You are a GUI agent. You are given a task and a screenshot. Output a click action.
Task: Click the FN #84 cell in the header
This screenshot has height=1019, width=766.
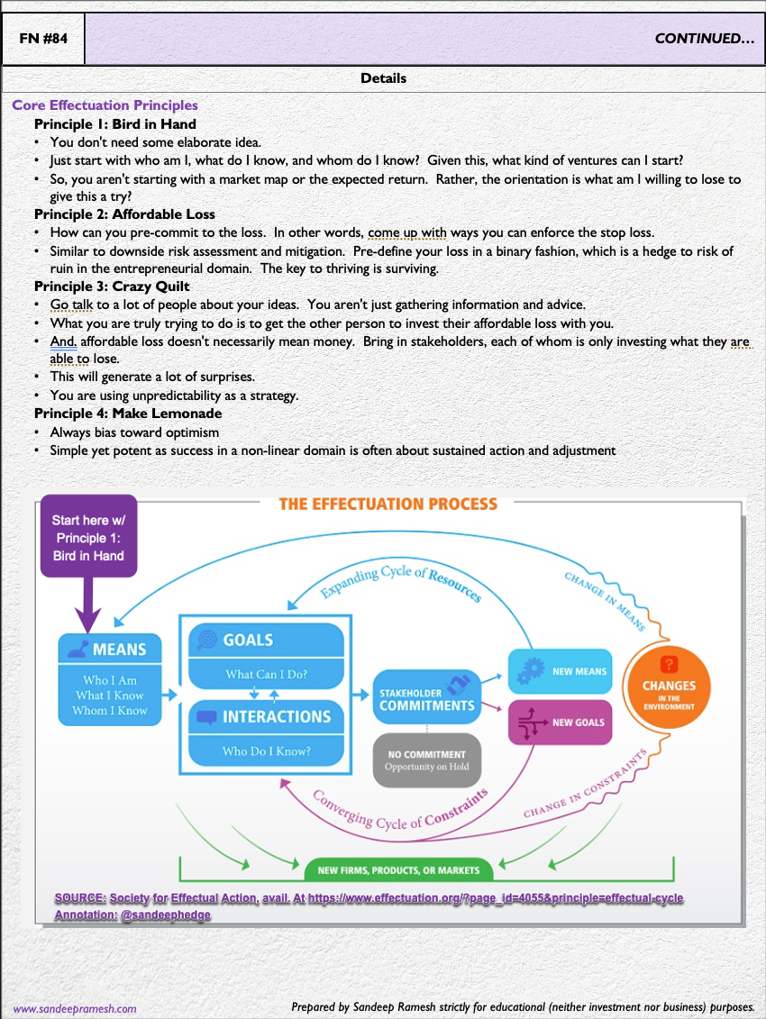tap(43, 39)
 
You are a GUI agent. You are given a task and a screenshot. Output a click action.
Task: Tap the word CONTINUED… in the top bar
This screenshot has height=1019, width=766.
tap(704, 39)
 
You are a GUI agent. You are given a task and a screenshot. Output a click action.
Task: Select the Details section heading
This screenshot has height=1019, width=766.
tap(383, 78)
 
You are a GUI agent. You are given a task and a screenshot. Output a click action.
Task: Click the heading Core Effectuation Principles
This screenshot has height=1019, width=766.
tap(105, 105)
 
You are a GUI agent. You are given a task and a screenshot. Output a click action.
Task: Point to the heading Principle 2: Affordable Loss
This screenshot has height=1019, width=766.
tap(124, 214)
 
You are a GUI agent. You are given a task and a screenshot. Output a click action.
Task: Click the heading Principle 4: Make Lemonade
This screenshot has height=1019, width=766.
tap(128, 414)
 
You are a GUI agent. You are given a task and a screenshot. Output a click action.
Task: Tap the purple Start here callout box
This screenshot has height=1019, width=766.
tap(88, 537)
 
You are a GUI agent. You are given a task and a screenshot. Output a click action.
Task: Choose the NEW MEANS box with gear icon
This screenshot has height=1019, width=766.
tap(560, 671)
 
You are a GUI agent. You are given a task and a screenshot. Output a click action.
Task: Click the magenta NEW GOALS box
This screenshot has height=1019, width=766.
tap(560, 722)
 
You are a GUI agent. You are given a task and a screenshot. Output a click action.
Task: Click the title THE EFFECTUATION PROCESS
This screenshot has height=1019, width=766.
tap(388, 505)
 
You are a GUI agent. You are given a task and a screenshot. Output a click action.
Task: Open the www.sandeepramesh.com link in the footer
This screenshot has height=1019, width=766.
tap(75, 1009)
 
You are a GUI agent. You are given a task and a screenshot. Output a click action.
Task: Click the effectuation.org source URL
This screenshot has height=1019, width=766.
tap(495, 898)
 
